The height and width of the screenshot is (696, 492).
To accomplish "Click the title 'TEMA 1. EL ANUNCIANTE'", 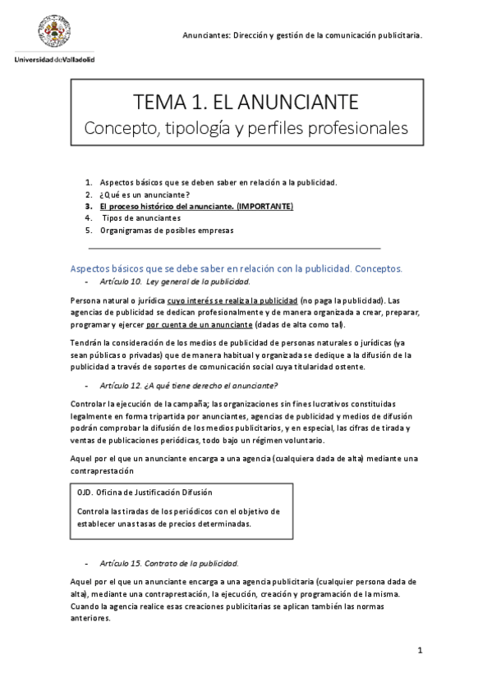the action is (246, 103).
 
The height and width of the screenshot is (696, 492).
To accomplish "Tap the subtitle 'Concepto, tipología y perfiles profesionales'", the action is (246, 129).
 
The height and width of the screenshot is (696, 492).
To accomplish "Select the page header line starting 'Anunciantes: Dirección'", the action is (302, 35).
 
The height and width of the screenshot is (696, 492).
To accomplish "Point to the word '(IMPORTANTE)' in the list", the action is (264, 207).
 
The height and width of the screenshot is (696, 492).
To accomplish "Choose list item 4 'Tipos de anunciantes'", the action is (140, 218).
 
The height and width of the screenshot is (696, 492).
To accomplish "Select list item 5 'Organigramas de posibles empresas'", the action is (167, 231).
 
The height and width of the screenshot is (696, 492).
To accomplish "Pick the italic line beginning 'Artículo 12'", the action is (188, 386).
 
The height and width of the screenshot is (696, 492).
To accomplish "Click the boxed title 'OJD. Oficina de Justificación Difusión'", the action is (145, 492).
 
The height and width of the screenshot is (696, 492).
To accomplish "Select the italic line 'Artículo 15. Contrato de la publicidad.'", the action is (168, 564).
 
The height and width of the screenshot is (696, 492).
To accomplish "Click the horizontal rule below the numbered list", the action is (234, 247).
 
